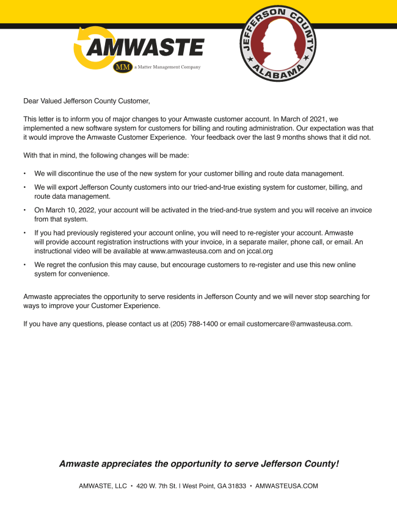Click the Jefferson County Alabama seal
(x=277, y=44)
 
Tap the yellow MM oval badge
(x=123, y=67)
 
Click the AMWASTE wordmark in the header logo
(x=147, y=47)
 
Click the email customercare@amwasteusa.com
(x=299, y=323)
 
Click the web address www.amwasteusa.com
(x=186, y=250)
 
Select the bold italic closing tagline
(x=198, y=464)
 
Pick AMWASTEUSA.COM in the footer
(x=286, y=486)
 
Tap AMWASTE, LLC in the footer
(x=103, y=486)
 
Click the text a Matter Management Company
(x=167, y=67)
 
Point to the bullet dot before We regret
(x=24, y=265)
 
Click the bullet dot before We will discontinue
(x=24, y=173)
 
